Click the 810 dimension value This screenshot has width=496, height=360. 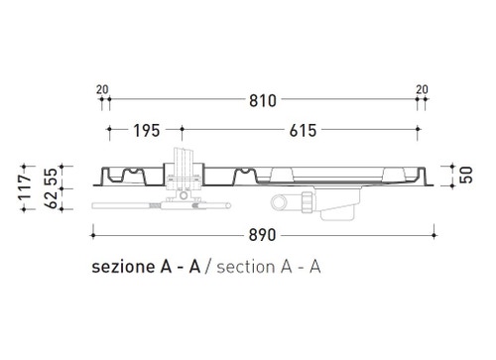pyautogui.click(x=263, y=101)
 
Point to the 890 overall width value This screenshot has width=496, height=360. pyautogui.click(x=264, y=236)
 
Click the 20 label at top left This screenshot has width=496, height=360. pyautogui.click(x=102, y=89)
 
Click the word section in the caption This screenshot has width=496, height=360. pyautogui.click(x=249, y=267)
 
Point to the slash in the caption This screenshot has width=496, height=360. pyautogui.click(x=209, y=267)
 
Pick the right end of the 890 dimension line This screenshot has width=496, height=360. pyautogui.click(x=434, y=236)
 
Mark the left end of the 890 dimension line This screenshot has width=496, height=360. pyautogui.click(x=92, y=236)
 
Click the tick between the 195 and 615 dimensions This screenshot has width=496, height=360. pyautogui.click(x=182, y=131)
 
